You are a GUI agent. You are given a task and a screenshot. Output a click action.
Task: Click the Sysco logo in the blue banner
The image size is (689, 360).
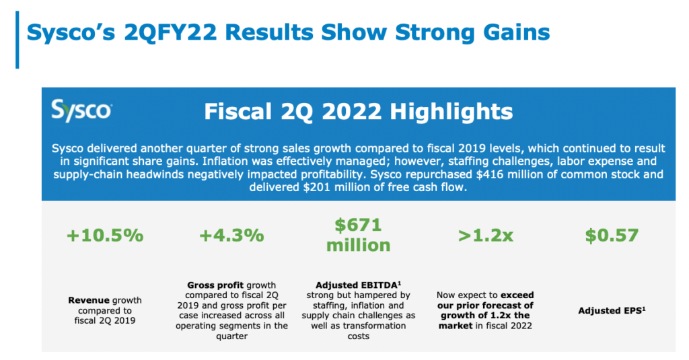tap(81, 110)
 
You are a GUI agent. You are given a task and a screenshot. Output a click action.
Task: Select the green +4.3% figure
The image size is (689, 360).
tap(231, 236)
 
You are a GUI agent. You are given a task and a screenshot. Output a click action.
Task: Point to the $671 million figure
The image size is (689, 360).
tap(358, 235)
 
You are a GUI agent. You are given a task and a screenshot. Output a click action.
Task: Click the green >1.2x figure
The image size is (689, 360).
tap(485, 236)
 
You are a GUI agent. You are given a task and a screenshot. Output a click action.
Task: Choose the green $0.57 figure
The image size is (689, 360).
tap(612, 236)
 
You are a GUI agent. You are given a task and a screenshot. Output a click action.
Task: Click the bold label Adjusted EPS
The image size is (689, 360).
tap(609, 311)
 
